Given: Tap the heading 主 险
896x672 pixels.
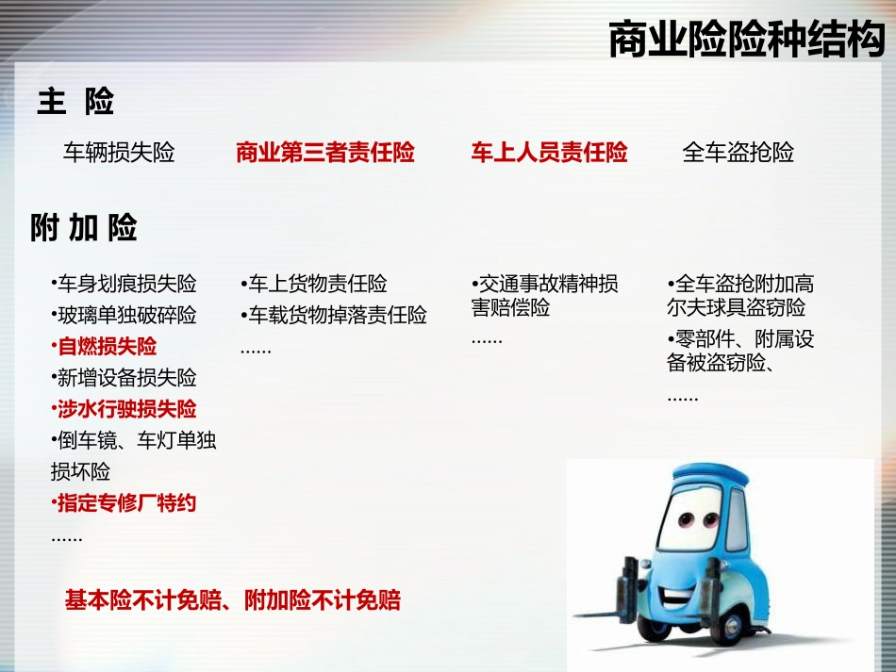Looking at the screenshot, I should click(x=76, y=101).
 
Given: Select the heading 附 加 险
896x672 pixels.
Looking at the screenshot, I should click(x=84, y=227).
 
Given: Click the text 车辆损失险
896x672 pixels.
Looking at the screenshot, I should click(x=119, y=153).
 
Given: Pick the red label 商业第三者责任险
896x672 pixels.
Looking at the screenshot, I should click(x=325, y=153).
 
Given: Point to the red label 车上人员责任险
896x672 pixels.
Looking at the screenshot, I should click(x=549, y=153).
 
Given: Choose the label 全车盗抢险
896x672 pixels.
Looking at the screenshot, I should click(x=738, y=153).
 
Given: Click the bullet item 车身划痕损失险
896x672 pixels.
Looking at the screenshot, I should click(x=126, y=284).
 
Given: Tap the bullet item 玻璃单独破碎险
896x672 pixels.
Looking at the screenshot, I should click(x=126, y=315).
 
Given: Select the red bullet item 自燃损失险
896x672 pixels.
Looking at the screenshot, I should click(x=107, y=347).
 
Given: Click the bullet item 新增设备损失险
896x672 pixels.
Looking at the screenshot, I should click(x=126, y=378).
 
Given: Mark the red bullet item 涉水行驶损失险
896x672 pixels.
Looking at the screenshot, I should click(x=126, y=409).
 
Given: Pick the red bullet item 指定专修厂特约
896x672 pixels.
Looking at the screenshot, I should click(x=126, y=502).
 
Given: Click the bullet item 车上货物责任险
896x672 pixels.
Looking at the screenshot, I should click(x=316, y=284).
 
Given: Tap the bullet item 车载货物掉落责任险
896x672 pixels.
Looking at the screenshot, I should click(x=336, y=315).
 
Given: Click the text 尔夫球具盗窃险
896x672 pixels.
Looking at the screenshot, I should click(x=737, y=308).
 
